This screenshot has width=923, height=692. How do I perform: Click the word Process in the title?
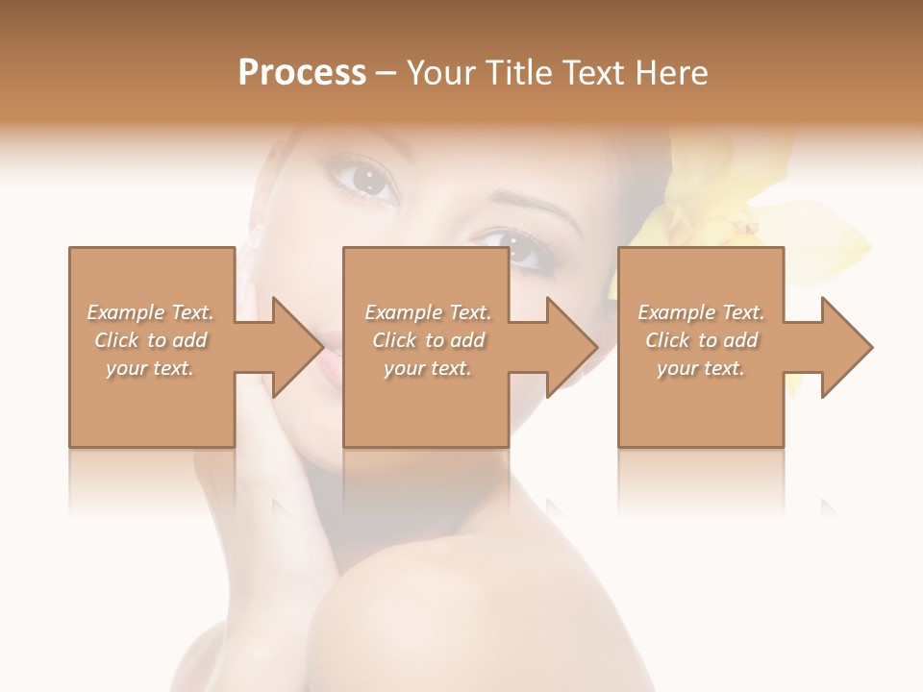[302, 73]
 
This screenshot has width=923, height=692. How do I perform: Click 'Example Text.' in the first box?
[150, 312]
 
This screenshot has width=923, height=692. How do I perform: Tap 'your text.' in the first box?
[150, 368]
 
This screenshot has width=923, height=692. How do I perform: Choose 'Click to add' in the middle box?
[428, 340]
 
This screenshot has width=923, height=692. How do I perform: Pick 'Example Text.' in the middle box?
[428, 312]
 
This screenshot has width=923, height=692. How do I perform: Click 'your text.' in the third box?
[701, 368]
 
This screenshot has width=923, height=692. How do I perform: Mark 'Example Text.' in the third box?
[701, 312]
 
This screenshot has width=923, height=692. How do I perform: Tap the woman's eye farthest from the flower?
[365, 179]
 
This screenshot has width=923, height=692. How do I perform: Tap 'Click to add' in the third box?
[701, 340]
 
